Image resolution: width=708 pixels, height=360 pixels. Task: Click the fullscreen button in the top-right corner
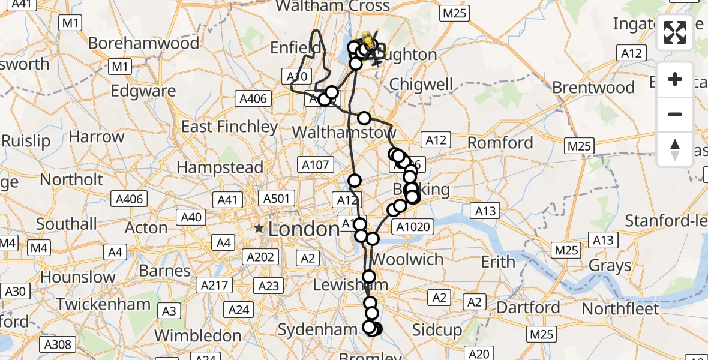coord(675,32)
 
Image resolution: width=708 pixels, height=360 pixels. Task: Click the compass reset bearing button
coord(675,149)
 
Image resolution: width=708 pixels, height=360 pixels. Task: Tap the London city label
coord(304,229)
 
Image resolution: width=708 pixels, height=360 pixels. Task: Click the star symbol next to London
coord(259,229)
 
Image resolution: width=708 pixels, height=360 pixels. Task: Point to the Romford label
coord(500,143)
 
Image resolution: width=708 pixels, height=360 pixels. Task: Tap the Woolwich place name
coord(407,260)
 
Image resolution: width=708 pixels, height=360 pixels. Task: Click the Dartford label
coord(528,308)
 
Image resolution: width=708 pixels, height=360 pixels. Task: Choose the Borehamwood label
coord(143,43)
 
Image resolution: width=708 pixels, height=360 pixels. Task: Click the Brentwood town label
coord(593,88)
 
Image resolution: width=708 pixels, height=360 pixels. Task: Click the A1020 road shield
coord(413,226)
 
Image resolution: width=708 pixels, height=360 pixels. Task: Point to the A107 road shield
coord(314,164)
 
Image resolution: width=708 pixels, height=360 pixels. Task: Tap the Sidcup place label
coord(437,331)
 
